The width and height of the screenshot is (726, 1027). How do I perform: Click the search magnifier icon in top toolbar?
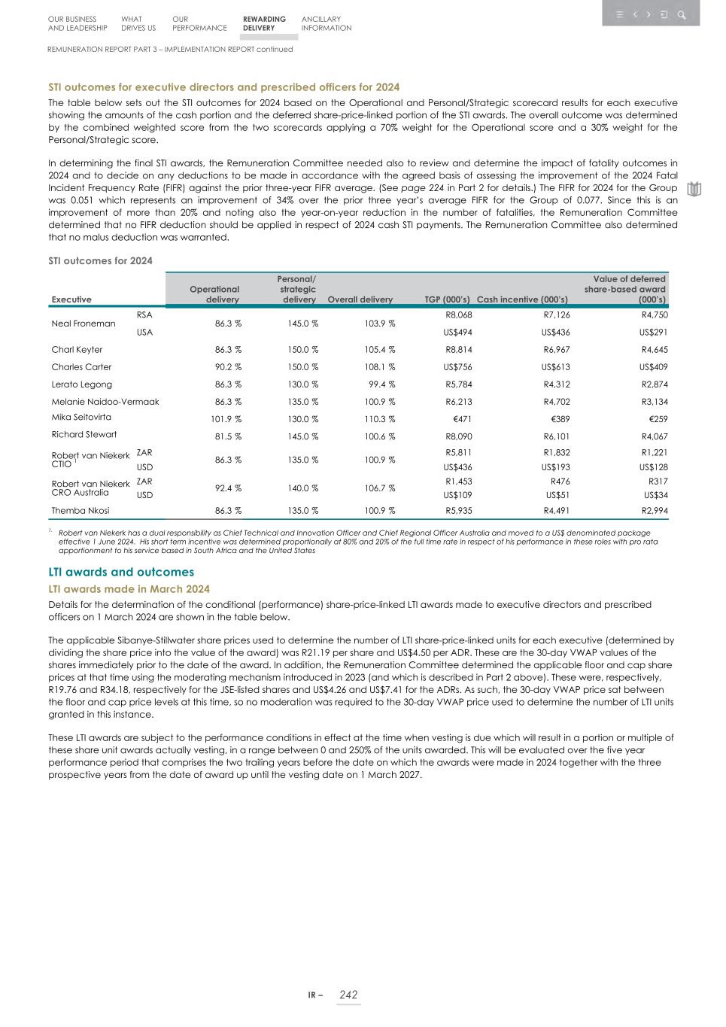point(682,15)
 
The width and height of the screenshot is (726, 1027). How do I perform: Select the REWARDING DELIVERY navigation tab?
point(264,24)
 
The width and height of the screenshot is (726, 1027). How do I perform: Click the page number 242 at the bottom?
point(348,995)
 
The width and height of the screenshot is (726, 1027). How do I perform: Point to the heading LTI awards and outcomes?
point(121,573)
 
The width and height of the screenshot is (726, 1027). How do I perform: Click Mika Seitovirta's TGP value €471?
point(459,419)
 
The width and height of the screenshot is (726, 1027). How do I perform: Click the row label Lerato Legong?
point(81,384)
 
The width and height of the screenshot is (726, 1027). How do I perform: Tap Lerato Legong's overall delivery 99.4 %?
point(381,384)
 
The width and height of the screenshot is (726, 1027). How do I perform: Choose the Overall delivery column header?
point(360,299)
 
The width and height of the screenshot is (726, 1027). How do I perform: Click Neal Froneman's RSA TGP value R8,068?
point(458,315)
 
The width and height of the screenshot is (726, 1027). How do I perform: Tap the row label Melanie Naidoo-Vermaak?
point(105,402)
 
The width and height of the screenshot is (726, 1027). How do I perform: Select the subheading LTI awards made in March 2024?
point(129,589)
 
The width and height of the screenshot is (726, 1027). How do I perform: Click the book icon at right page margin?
point(694,189)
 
